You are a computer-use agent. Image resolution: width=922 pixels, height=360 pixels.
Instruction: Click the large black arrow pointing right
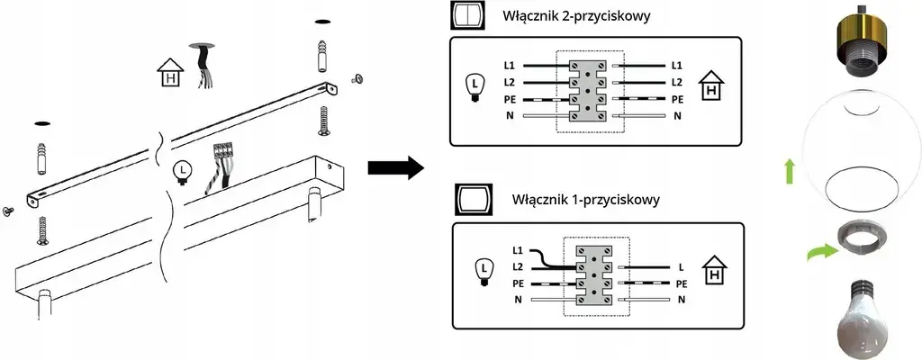click(395, 167)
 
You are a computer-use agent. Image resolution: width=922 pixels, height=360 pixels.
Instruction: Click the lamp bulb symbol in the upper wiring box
click(473, 89)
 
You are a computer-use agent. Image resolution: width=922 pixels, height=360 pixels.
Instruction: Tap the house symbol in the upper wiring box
click(711, 87)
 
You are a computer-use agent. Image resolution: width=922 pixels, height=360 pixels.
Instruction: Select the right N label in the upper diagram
click(677, 116)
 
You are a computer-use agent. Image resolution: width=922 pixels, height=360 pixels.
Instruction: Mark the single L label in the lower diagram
click(681, 267)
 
